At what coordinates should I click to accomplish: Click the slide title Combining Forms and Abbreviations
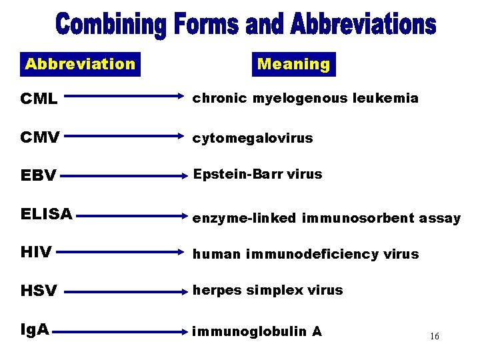tap(246, 26)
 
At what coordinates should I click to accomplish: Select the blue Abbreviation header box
tap(80, 64)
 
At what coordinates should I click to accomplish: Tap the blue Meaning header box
tap(293, 65)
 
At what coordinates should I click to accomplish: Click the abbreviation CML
tap(39, 99)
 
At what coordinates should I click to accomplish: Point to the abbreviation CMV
tap(40, 139)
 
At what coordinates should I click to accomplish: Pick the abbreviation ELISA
tap(47, 214)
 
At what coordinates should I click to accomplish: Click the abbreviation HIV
tap(36, 253)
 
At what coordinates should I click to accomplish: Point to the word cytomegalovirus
tap(253, 139)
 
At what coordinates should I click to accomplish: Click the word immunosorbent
tap(358, 218)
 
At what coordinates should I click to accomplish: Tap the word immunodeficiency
tap(313, 254)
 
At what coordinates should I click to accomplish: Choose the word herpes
tap(217, 291)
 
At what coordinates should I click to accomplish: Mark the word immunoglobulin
tap(250, 331)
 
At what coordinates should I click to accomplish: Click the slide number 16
tap(434, 337)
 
